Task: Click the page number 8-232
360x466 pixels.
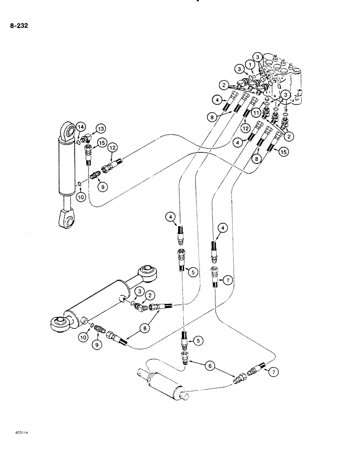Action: click(19, 26)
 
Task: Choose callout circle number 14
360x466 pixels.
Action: click(81, 126)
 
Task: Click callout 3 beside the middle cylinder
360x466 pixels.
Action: click(138, 291)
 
